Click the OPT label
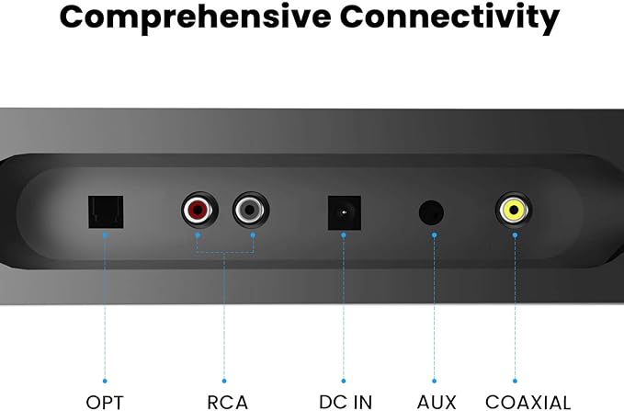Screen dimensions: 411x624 coord(104,402)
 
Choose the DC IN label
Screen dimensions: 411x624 coord(346,402)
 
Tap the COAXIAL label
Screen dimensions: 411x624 coord(528,402)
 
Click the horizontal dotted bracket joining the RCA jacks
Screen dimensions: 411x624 coord(224,252)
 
